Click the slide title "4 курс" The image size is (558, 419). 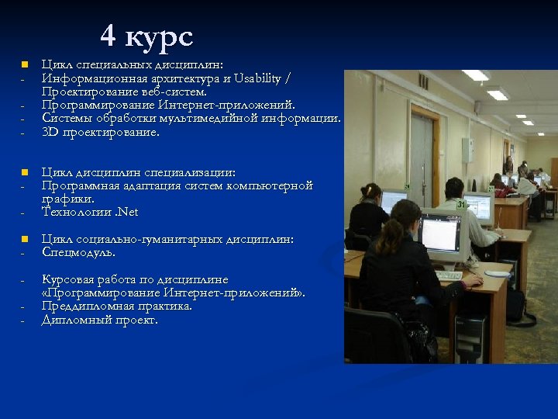pos(146,36)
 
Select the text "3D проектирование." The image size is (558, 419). pos(101,132)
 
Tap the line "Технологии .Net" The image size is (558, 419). pos(90,212)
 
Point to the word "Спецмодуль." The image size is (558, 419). pos(78,252)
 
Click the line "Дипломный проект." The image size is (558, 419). pos(99,320)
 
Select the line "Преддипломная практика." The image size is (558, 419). pos(117,306)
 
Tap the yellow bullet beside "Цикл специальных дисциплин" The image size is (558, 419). pos(24,64)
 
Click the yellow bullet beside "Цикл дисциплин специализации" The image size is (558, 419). pos(24,171)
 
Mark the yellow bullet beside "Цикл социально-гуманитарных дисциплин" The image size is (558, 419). pos(24,239)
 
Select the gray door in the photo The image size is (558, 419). pos(422,155)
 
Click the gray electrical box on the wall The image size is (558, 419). pos(468,149)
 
